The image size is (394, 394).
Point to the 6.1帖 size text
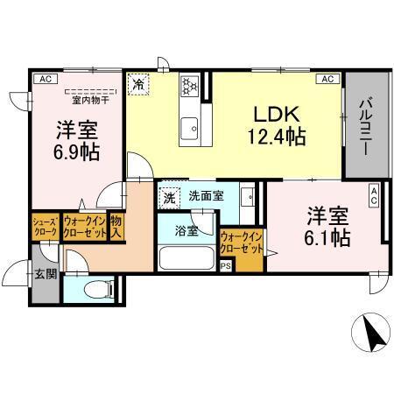coord(327,236)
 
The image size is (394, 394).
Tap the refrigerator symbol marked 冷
coord(138,84)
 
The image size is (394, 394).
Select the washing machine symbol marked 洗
coord(169,198)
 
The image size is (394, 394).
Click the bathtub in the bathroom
coord(185,258)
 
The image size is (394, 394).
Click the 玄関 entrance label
coord(45,274)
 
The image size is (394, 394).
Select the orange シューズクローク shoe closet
coord(45,228)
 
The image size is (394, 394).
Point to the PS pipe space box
coord(226,266)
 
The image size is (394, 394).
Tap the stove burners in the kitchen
coord(190,86)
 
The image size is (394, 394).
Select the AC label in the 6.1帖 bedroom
coord(373,194)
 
